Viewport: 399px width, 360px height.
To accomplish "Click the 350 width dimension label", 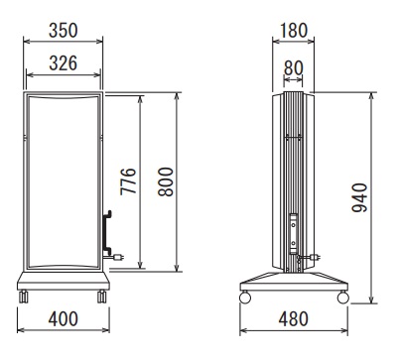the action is pos(64,30).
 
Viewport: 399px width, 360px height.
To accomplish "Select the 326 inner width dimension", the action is pos(64,62).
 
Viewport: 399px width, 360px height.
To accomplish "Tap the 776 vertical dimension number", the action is pos(128,181).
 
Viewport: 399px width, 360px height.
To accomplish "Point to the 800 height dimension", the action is pos(166,181).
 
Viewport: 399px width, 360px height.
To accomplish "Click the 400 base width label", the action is pos(64,318).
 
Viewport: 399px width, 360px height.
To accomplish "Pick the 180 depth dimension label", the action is pos(294,30).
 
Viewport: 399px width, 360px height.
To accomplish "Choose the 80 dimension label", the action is pos(294,68).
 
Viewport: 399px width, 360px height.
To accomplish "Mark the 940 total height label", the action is pos(359,197).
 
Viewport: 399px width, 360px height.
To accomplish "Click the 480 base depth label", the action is pos(294,318).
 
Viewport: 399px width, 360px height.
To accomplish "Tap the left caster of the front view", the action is pos(23,297).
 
